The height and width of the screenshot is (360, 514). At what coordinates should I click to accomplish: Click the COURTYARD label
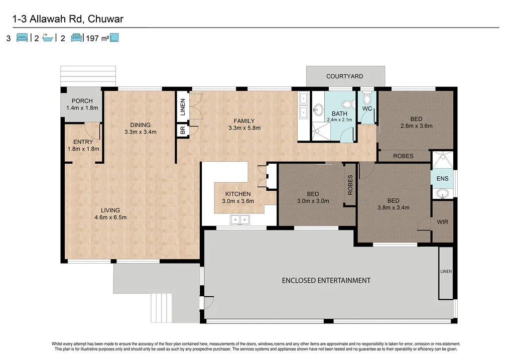pos(344,76)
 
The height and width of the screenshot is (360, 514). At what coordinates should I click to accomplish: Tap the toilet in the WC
pos(367,97)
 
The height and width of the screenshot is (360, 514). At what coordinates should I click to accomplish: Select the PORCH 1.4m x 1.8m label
pos(82,104)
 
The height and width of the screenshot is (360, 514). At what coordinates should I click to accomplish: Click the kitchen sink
pos(239,220)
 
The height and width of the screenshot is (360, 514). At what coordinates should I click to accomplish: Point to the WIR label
pos(443,222)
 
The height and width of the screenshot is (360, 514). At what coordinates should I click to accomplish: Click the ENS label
pos(442,179)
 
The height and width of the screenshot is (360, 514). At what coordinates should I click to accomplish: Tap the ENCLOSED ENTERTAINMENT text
pos(326,280)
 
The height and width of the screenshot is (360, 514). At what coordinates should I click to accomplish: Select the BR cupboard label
pos(183,130)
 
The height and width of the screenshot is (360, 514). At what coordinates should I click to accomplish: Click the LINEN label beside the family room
pos(183,107)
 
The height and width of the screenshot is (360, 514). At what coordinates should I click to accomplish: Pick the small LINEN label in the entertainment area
pos(446,272)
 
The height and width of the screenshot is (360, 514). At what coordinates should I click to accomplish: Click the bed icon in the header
pos(22,38)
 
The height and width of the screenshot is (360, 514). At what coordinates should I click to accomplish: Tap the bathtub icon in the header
pos(48,38)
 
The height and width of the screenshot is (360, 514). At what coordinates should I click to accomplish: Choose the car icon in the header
pos(76,38)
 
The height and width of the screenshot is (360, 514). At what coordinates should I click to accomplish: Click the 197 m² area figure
pos(97,38)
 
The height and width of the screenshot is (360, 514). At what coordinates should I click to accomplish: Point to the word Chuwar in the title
pos(105,19)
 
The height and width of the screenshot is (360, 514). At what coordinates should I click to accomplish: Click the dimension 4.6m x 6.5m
pos(110,217)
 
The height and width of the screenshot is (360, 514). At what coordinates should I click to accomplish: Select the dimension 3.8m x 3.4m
pos(394,207)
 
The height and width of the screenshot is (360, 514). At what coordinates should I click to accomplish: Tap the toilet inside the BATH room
pos(347,104)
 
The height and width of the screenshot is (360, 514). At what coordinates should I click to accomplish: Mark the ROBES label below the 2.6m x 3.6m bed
pos(403,156)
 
